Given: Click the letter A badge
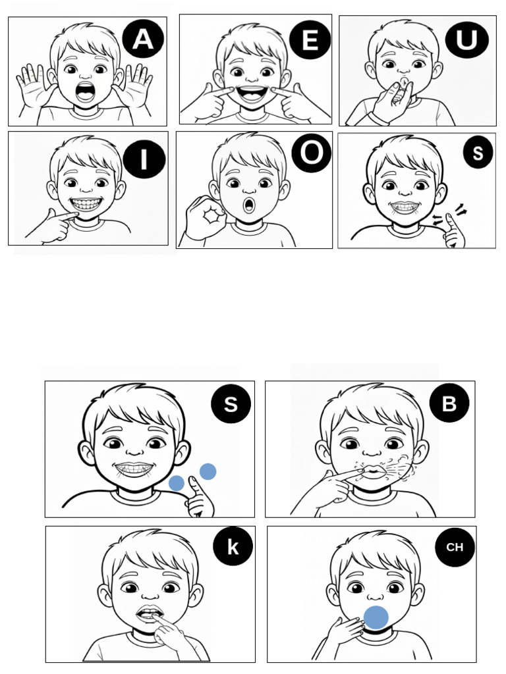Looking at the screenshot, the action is click(x=143, y=39).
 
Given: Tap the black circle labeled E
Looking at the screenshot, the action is click(x=310, y=40).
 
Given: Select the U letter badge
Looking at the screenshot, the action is click(x=467, y=40).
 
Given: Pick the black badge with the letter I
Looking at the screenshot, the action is click(x=144, y=159).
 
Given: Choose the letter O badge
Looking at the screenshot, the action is click(x=312, y=153).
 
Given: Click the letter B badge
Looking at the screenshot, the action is click(x=449, y=403).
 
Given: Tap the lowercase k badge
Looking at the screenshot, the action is click(x=233, y=547).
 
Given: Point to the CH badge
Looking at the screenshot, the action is click(x=455, y=547).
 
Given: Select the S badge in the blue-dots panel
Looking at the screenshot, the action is click(x=231, y=403).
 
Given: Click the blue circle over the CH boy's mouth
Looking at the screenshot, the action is click(x=376, y=617).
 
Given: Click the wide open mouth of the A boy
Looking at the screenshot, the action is click(x=86, y=91).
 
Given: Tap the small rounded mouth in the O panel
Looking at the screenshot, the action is click(x=248, y=205).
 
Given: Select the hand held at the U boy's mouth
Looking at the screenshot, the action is click(x=391, y=101).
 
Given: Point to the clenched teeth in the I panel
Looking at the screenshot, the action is click(x=88, y=204).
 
